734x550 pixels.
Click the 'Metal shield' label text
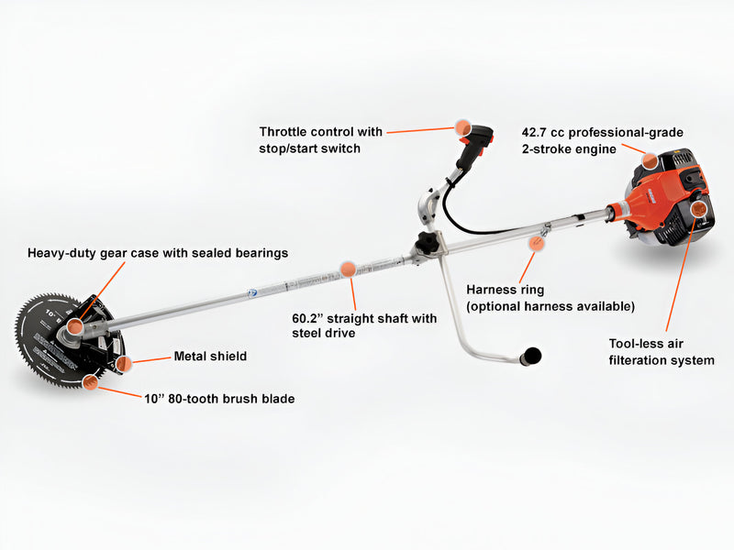pyautogui.click(x=210, y=357)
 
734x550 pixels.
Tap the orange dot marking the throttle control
pyautogui.click(x=462, y=128)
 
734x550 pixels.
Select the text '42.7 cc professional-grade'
pyautogui.click(x=602, y=132)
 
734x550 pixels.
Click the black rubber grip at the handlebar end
pyautogui.click(x=530, y=356)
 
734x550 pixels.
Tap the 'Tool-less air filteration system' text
pyautogui.click(x=662, y=352)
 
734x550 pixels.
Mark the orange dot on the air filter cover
pyautogui.click(x=700, y=211)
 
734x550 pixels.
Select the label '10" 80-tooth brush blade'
pyautogui.click(x=219, y=399)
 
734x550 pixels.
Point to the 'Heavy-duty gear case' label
pyautogui.click(x=158, y=252)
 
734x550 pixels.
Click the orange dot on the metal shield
pyautogui.click(x=124, y=364)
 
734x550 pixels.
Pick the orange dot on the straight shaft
pyautogui.click(x=348, y=269)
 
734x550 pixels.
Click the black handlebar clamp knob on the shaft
pyautogui.click(x=426, y=244)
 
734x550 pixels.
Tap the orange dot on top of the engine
pyautogui.click(x=650, y=162)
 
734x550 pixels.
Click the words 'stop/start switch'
pyautogui.click(x=309, y=148)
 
